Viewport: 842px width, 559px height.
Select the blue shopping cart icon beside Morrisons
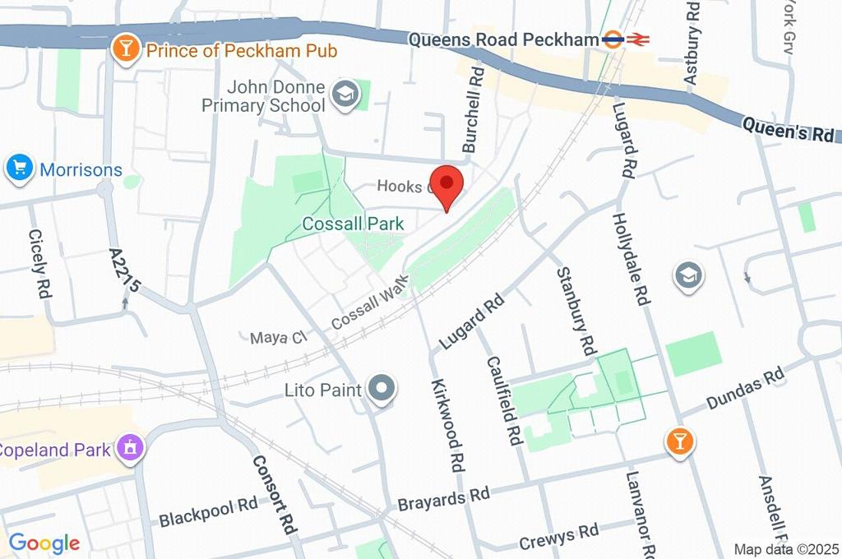pyautogui.click(x=18, y=169)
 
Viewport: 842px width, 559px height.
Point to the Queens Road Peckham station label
pyautogui.click(x=502, y=39)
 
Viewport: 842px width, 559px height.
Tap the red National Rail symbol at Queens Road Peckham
pyautogui.click(x=637, y=39)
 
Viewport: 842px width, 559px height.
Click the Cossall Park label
pyautogui.click(x=353, y=224)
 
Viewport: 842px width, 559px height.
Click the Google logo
pyautogui.click(x=44, y=543)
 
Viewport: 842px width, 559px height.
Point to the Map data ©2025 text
pyautogui.click(x=787, y=549)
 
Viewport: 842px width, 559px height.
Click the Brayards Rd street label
pyautogui.click(x=443, y=498)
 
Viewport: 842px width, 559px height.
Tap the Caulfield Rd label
pyautogui.click(x=505, y=400)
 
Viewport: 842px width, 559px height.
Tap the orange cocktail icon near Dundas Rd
pyautogui.click(x=679, y=441)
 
